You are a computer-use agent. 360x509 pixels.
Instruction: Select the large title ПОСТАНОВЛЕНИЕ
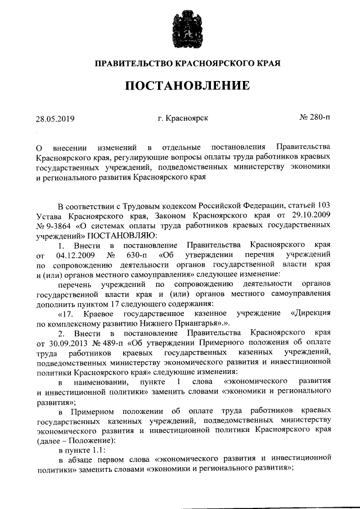(179, 86)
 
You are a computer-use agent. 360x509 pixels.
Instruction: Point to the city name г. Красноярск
(183, 118)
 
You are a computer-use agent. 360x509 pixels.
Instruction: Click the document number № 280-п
(316, 118)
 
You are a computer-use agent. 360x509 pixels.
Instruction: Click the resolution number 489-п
(113, 343)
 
